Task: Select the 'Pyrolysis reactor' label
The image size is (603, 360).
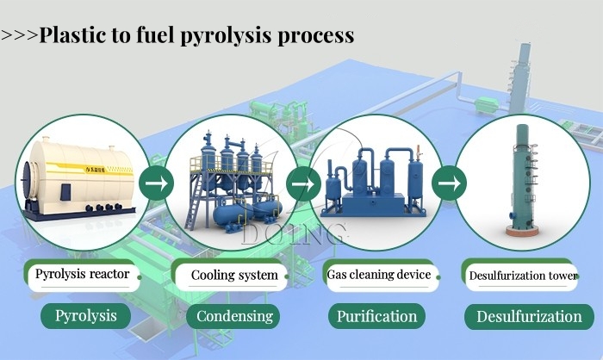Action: (x=82, y=275)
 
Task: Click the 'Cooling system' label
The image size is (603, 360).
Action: (x=233, y=276)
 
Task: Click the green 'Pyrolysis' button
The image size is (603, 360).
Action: (x=85, y=315)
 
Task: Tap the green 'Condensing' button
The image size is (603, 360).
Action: (x=234, y=316)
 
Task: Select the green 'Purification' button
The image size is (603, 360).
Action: (x=376, y=316)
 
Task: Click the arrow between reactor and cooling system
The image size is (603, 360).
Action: (x=156, y=183)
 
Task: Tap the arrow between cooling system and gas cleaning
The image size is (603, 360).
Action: (x=299, y=183)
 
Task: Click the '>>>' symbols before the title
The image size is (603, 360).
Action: (x=19, y=36)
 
